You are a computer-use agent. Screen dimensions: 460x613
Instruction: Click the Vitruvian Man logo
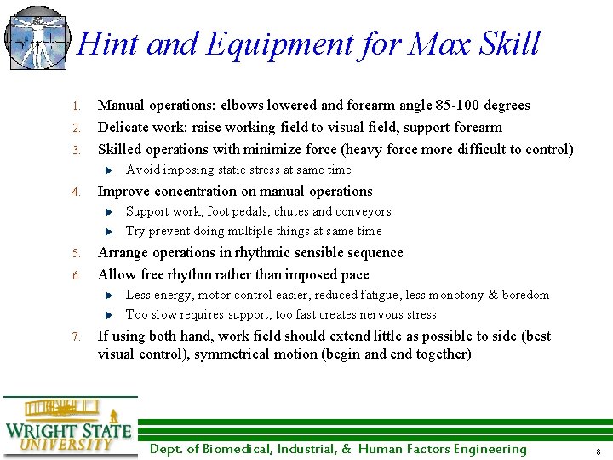[37, 37]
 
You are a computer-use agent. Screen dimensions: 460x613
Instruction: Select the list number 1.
[75, 106]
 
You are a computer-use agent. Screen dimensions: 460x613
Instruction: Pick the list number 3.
[75, 151]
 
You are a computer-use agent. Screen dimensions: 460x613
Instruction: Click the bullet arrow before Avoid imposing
[109, 170]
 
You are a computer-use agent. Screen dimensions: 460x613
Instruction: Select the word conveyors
[364, 211]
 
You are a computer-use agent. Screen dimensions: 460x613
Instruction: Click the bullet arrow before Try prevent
[109, 231]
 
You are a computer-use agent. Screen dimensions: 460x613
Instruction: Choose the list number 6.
[75, 276]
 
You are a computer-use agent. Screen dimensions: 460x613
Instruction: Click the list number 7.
[75, 337]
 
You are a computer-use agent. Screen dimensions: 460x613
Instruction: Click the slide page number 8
[599, 451]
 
